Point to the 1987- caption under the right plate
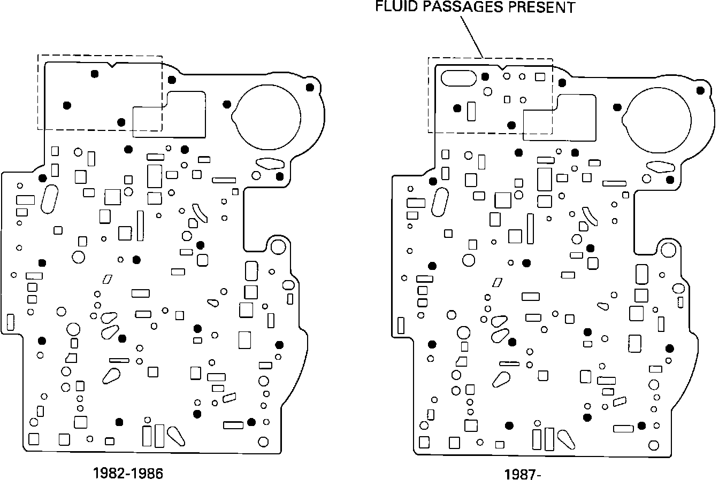point(519,474)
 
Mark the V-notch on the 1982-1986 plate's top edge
point(112,65)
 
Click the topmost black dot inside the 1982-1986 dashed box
point(95,74)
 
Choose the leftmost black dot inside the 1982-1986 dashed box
point(67,105)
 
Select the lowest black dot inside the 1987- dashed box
point(511,126)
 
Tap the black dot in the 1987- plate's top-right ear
point(700,89)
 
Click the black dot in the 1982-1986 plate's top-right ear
point(309,87)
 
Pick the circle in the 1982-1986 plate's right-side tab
point(278,246)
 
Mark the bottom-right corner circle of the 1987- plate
point(653,445)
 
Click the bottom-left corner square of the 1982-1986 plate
point(34,439)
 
